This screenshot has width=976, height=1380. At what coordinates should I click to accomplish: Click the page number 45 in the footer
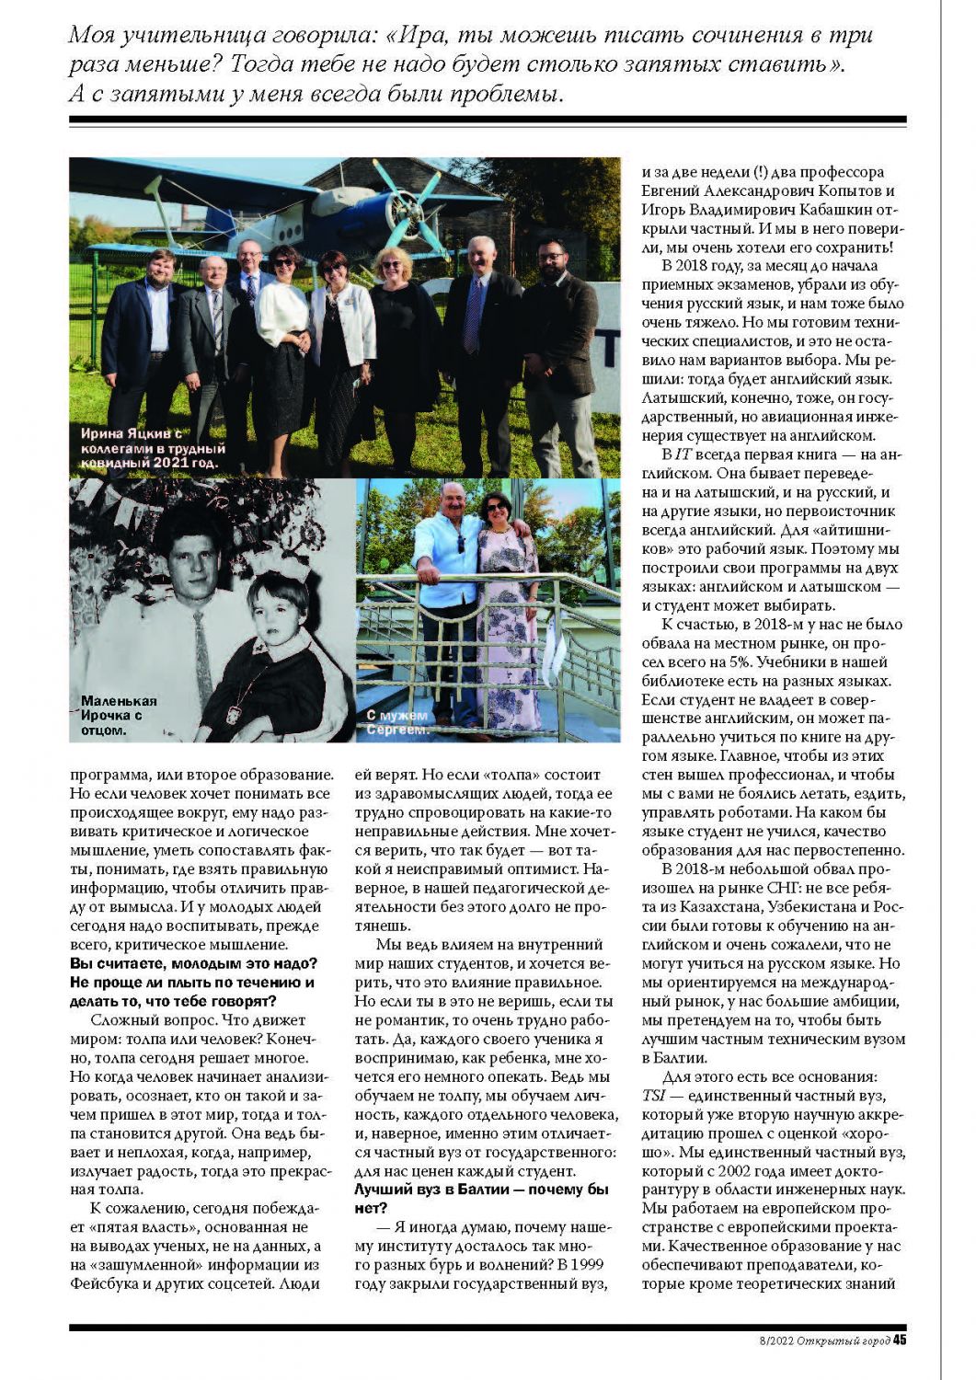coord(900,1340)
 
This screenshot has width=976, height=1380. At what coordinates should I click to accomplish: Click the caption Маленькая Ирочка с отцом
coord(118,715)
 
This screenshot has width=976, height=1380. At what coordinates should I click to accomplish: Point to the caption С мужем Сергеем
coord(397,722)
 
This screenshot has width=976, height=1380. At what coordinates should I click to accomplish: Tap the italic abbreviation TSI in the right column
coord(651,1096)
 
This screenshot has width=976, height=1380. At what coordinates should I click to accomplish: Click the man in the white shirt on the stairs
coord(450,561)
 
